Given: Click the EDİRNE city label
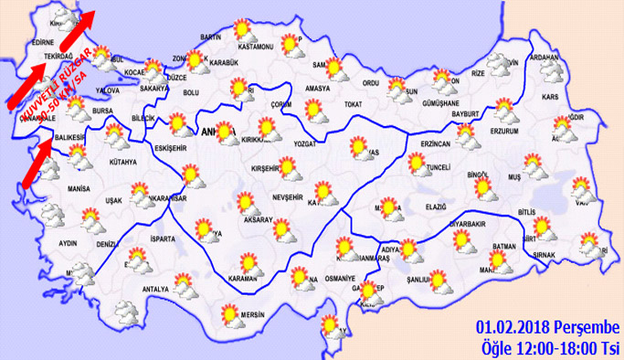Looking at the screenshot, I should click(43, 43).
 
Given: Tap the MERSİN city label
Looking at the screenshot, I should click(252, 316).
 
